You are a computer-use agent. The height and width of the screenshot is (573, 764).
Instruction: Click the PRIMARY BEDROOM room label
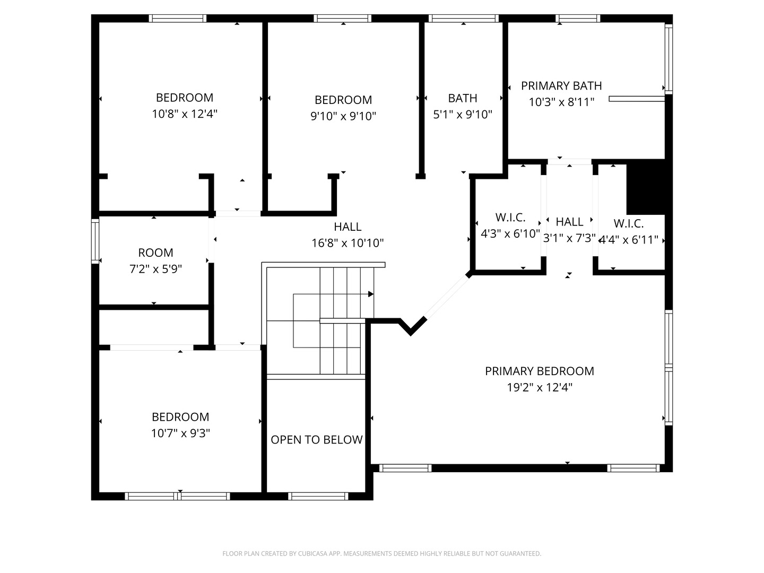(539, 371)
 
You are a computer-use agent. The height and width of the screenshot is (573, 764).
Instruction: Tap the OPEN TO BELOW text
(316, 440)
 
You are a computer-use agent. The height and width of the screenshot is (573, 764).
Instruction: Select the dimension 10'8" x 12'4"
(185, 114)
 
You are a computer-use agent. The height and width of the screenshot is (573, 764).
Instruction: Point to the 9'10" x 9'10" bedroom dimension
(343, 116)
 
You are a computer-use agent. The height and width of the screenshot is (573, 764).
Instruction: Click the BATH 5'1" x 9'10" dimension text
(462, 114)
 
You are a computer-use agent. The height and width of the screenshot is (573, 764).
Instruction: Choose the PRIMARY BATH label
(561, 86)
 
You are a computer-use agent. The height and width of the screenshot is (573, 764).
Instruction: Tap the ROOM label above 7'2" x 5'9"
(155, 253)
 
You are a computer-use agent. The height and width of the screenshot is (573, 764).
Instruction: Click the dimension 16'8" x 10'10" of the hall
(348, 243)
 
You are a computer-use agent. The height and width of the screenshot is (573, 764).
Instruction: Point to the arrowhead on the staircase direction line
(371, 294)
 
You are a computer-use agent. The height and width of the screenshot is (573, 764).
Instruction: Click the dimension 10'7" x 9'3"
(180, 433)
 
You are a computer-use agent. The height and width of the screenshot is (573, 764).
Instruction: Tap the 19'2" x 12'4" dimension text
(539, 387)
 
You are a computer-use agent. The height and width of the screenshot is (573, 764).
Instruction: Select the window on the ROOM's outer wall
(95, 241)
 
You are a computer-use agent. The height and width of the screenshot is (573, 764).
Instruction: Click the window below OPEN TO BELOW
(318, 496)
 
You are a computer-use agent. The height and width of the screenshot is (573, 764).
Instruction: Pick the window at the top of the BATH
(463, 19)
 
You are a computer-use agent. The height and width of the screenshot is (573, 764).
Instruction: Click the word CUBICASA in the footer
(313, 553)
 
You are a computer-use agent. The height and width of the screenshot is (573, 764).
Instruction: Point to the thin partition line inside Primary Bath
(637, 99)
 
